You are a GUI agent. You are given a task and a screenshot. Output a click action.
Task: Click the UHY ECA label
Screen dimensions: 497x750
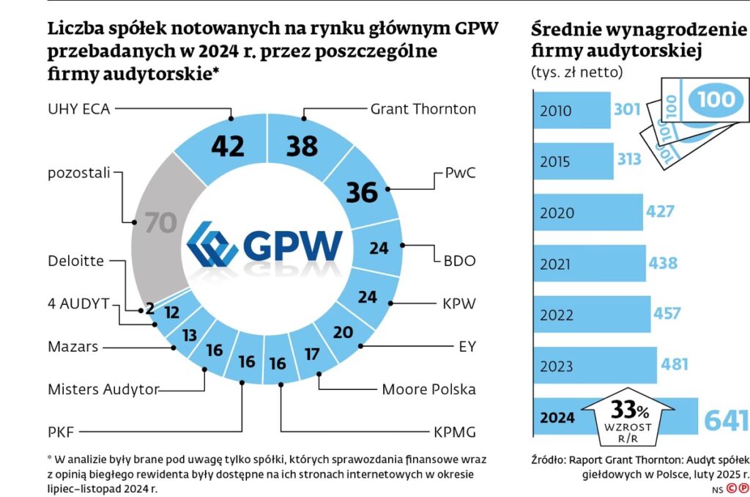(x=78, y=109)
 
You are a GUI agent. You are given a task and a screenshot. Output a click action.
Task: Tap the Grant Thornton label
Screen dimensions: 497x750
(x=423, y=109)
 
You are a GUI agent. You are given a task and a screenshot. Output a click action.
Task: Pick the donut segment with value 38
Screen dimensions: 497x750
(x=302, y=146)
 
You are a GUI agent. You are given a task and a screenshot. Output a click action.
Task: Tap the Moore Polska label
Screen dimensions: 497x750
(x=428, y=389)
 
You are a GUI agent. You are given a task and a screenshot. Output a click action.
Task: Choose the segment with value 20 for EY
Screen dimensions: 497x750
(x=342, y=332)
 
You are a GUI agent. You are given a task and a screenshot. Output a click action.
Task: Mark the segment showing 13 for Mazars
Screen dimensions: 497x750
(x=189, y=335)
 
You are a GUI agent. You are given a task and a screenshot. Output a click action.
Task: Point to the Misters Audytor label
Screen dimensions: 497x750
(x=103, y=389)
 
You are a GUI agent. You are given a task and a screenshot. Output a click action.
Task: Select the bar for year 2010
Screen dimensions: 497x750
(x=571, y=111)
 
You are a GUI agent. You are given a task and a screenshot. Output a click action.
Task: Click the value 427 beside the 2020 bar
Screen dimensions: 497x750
(x=660, y=212)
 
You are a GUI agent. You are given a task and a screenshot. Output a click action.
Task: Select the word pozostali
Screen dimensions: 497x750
(x=78, y=173)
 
